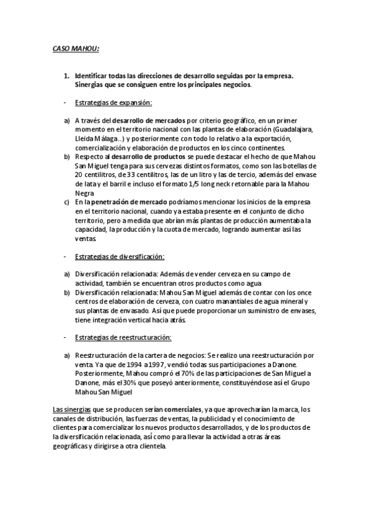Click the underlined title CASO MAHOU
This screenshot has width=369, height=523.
point(75,47)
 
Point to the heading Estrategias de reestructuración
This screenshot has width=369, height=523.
point(123,337)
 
